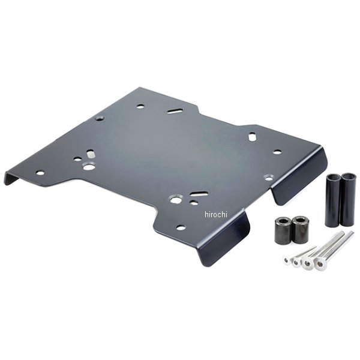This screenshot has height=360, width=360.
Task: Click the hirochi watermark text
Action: click(x=216, y=214)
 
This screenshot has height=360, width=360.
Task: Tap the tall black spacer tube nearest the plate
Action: click(x=332, y=200)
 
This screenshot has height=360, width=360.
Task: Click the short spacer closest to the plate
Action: click(x=283, y=231)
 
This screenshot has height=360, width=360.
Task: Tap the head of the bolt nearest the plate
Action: click(x=287, y=260)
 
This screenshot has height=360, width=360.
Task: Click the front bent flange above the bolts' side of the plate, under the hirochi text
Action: click(x=224, y=241)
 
